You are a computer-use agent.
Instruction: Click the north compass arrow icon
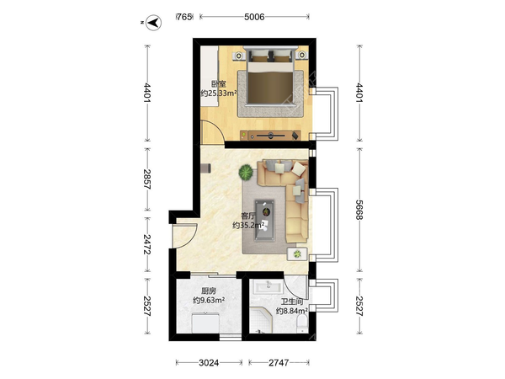pos(154,23)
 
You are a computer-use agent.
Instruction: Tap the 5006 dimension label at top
pos(254,17)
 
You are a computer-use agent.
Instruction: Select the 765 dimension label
pos(184,17)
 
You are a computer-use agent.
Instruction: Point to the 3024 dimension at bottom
pos(209,363)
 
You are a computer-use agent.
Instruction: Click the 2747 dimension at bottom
pos(279,363)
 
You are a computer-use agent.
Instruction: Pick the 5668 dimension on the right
pos(359,210)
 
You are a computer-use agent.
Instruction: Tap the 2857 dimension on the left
pos(147,179)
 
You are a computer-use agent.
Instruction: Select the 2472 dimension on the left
pos(147,244)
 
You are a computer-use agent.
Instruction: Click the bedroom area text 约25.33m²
pos(219,93)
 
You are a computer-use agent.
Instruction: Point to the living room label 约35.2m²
pos(248,225)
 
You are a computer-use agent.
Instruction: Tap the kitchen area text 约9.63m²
pos(209,301)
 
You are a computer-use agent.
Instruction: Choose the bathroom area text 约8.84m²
pos(292,311)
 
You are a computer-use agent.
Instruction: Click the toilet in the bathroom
pos(302,323)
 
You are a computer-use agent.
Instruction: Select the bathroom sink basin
pos(268,286)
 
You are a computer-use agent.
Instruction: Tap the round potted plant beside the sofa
pos(246,173)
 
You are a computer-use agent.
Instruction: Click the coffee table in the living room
pos(265,221)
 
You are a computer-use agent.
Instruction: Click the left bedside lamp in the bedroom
pos(239,56)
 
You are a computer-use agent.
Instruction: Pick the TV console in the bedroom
pos(270,136)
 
